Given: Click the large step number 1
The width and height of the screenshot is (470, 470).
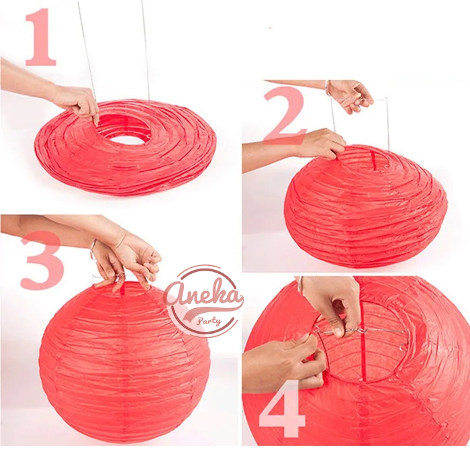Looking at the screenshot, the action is tap(40, 37).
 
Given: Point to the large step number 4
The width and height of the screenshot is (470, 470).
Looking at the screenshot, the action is tap(282, 407).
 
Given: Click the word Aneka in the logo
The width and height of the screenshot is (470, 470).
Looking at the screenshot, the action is tap(204, 296).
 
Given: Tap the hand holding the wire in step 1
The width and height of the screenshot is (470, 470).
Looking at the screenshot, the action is tap(77, 103).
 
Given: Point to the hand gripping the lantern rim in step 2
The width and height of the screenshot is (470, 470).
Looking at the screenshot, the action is tap(324, 144).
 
